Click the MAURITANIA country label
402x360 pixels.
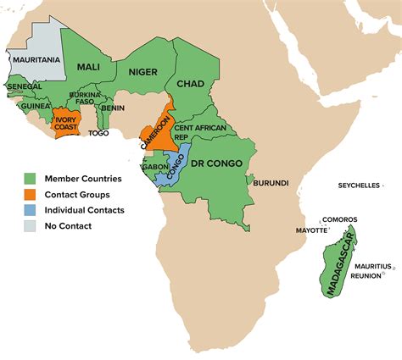pyautogui.click(x=35, y=60)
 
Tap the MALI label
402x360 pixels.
pyautogui.click(x=89, y=67)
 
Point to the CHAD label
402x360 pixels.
pyautogui.click(x=193, y=84)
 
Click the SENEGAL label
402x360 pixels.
pyautogui.click(x=25, y=87)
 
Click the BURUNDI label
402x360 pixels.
pyautogui.click(x=271, y=182)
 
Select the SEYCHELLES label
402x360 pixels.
pyautogui.click(x=359, y=186)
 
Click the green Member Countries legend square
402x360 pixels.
pyautogui.click(x=29, y=179)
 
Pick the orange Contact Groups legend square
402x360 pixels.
pyautogui.click(x=29, y=194)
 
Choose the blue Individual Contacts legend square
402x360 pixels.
pyautogui.click(x=29, y=210)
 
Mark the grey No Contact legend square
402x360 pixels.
pyautogui.click(x=29, y=225)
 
